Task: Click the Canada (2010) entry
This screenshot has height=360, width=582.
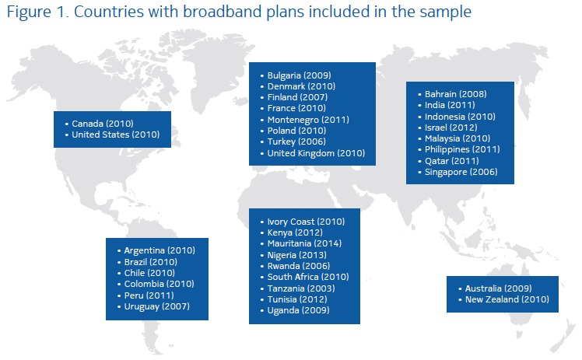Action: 103,124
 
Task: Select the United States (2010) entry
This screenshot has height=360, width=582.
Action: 115,135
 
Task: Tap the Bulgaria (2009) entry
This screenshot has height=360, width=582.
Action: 299,75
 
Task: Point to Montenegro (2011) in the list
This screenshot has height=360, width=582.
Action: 308,120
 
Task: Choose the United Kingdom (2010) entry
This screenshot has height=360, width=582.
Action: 316,153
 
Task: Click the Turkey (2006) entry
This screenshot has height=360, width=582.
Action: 296,142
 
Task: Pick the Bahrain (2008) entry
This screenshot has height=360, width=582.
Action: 455,94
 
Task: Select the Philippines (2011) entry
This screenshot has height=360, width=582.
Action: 462,149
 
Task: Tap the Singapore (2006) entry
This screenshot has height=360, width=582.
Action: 461,172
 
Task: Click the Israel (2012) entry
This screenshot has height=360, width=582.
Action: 451,128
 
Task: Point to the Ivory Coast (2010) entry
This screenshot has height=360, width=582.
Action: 306,222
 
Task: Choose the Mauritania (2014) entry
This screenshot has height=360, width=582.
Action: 304,243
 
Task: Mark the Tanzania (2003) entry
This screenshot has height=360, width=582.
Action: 301,288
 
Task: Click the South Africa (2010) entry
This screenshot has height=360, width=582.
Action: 308,277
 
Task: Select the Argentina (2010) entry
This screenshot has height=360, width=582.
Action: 160,250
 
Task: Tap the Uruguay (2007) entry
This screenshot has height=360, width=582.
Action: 156,306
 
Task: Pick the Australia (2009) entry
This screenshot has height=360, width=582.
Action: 498,288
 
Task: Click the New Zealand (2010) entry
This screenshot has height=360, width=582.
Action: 507,299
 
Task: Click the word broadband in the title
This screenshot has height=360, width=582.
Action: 225,12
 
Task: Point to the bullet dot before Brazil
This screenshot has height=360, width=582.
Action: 119,263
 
